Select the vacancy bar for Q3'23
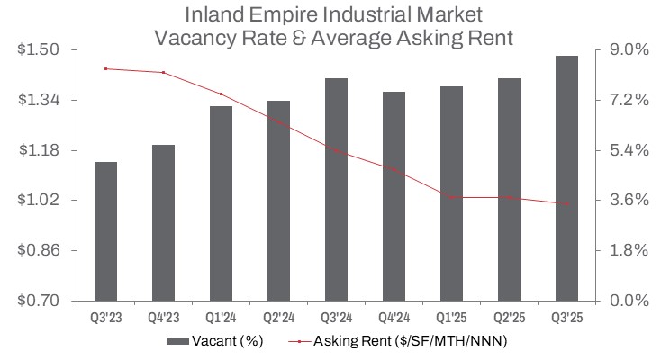[x=105, y=231]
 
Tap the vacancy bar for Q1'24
[x=221, y=203]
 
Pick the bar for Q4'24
[x=394, y=196]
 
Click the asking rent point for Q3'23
[x=105, y=68]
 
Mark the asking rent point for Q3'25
[x=566, y=203]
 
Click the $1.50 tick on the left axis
[x=37, y=49]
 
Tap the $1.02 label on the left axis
[x=37, y=200]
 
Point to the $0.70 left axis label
[x=37, y=300]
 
